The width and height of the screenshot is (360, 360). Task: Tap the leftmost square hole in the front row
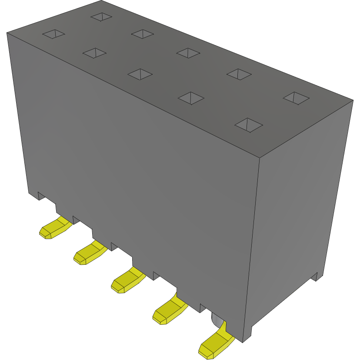pos(53,34)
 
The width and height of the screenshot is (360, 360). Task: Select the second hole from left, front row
pos(94,53)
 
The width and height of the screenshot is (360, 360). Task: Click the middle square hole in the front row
pos(140,74)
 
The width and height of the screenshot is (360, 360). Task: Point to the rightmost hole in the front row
pos(249,125)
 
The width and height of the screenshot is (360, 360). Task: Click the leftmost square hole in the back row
pos(101,17)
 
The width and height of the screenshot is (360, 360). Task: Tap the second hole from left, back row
pos(143,33)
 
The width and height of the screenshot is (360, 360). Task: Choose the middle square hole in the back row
pos(188,53)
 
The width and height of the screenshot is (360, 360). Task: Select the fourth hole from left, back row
pos(239,74)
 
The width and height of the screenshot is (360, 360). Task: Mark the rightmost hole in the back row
pos(296,98)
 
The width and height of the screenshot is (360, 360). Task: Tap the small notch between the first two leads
pos(76,220)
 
